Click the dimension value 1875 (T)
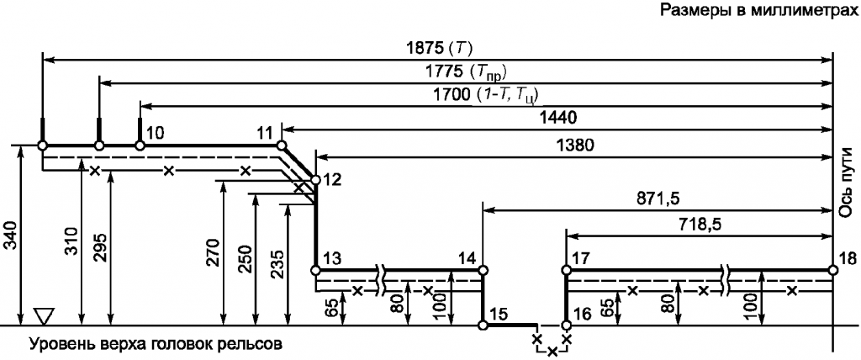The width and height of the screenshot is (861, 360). pyautogui.click(x=437, y=49)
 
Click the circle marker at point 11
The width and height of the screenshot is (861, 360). pyautogui.click(x=281, y=146)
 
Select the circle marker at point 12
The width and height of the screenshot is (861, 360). pyautogui.click(x=316, y=180)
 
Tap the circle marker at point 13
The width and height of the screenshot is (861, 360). pyautogui.click(x=316, y=270)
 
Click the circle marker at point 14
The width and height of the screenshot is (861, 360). pyautogui.click(x=483, y=270)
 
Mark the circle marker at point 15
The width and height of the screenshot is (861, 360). pyautogui.click(x=483, y=326)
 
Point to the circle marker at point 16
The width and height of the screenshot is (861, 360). pyautogui.click(x=566, y=326)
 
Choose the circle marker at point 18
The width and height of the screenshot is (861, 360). pyautogui.click(x=833, y=270)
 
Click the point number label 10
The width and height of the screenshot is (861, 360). pyautogui.click(x=155, y=132)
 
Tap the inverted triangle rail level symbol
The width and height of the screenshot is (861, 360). pyautogui.click(x=42, y=315)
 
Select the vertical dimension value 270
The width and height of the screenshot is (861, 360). pyautogui.click(x=214, y=252)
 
